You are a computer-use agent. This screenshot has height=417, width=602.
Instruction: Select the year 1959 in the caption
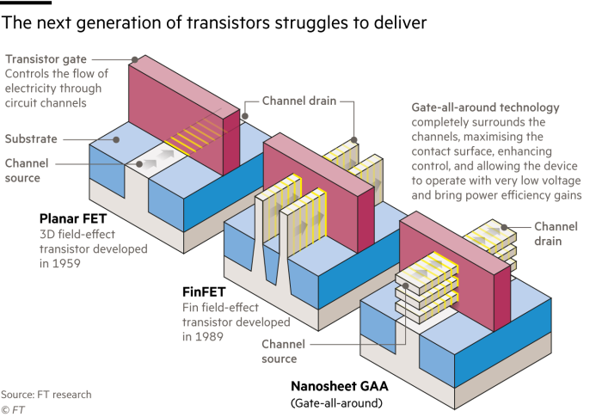[71, 264]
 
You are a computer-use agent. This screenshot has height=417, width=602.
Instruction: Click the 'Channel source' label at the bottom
[281, 351]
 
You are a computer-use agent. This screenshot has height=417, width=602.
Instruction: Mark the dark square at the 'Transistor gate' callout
[135, 59]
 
